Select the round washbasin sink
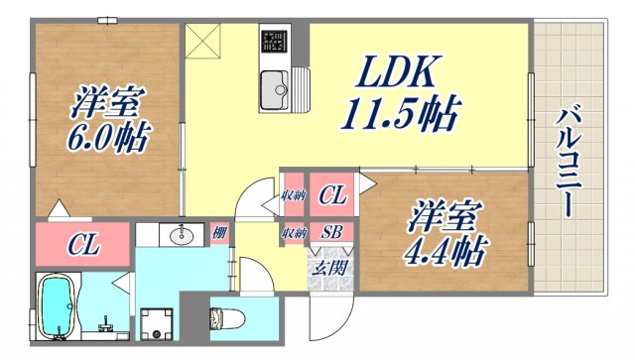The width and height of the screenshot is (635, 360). pyautogui.click(x=182, y=236)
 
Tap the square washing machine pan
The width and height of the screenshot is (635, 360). pyautogui.click(x=156, y=323)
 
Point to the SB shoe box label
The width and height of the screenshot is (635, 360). pyautogui.click(x=330, y=234)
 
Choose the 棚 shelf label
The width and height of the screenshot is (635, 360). pyautogui.click(x=219, y=234)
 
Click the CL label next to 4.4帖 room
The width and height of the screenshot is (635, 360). pyautogui.click(x=332, y=196)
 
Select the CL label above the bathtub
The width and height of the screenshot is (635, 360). pyautogui.click(x=82, y=244)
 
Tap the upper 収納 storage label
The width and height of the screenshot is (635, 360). pyautogui.click(x=293, y=196)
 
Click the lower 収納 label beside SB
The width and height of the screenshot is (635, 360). pyautogui.click(x=293, y=234)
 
